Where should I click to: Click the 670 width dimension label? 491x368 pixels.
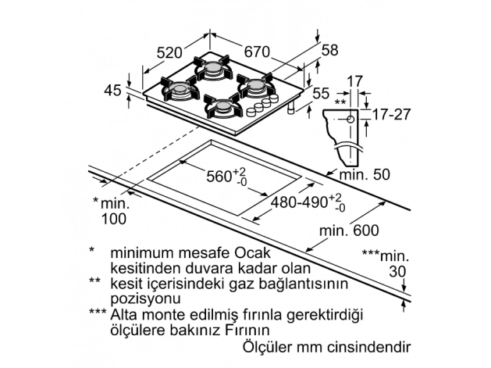[x=256, y=52]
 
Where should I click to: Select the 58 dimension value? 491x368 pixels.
[x=330, y=50]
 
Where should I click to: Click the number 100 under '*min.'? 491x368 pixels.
[x=113, y=219]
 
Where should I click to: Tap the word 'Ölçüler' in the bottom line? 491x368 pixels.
[x=269, y=346]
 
